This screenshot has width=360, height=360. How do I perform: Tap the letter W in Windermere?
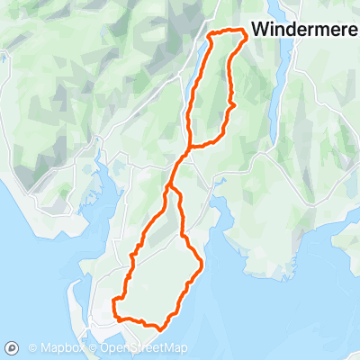(260, 29)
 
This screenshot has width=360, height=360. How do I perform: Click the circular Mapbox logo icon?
(13, 347)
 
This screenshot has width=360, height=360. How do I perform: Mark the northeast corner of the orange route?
(244, 33)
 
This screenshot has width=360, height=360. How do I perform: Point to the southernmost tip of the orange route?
(158, 328)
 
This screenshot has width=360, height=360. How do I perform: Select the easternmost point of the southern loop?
(200, 265)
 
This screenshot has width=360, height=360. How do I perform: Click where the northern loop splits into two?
(190, 144)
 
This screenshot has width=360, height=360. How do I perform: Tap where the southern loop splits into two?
(168, 186)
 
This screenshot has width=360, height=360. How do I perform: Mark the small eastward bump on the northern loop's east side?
(234, 105)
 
